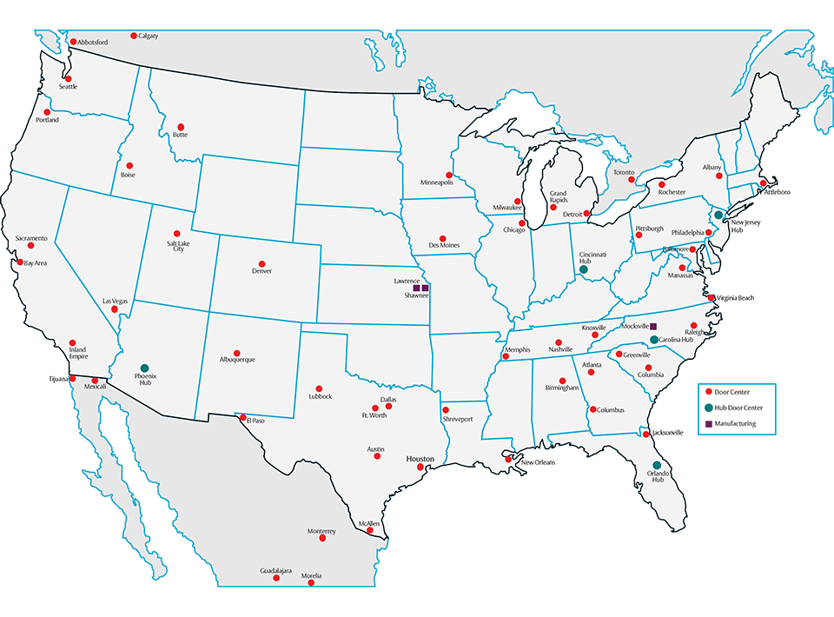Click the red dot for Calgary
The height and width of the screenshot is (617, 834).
point(134,36)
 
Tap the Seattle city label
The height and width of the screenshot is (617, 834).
point(68,87)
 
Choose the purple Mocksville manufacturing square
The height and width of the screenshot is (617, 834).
point(653,325)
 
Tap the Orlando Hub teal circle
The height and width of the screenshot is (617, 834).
point(657,465)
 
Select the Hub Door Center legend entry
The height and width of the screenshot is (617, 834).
point(738,408)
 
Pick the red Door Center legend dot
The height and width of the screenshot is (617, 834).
point(709,392)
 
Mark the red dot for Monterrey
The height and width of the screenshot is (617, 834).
point(323,539)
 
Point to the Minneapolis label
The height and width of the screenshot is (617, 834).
point(437,183)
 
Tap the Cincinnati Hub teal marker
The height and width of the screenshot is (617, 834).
point(584,270)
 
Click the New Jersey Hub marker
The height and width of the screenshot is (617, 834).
point(718,214)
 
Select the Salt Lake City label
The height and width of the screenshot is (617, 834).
point(178,247)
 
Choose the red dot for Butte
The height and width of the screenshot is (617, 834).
point(181,126)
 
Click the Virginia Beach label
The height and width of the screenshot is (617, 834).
point(735,298)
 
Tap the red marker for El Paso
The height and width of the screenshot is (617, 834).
point(243,418)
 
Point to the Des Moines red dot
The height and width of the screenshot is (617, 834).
point(443,237)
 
